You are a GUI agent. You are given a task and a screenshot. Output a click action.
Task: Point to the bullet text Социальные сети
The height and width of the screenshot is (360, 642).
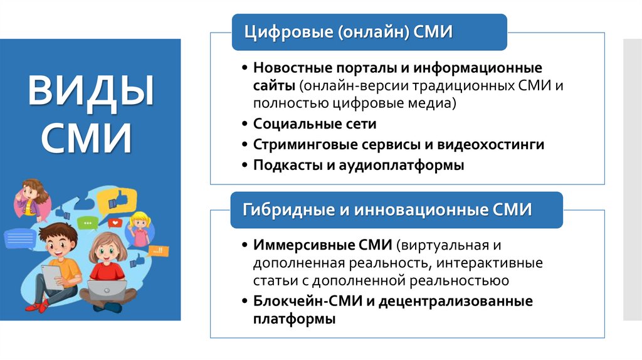[x=315, y=124]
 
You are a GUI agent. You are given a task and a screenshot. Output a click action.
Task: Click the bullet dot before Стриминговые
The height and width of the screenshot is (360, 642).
[x=245, y=145]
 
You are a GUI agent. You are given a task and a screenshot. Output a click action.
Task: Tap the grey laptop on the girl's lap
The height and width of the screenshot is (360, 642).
[x=107, y=290]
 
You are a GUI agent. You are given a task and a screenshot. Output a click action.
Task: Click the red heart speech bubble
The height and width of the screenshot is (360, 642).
[x=115, y=222]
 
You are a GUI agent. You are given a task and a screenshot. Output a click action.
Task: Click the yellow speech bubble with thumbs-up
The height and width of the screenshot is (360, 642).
[x=123, y=199]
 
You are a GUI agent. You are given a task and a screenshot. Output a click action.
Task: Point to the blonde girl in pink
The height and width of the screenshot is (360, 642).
[x=140, y=230]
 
